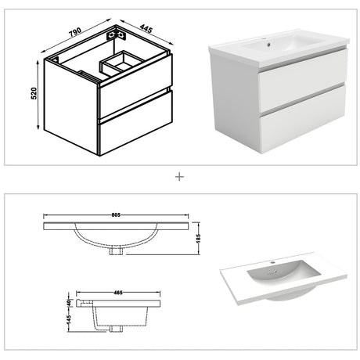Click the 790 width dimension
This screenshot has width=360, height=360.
(x=75, y=34)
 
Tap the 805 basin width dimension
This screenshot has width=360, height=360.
(x=117, y=212)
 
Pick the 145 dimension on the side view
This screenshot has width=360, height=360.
(x=70, y=322)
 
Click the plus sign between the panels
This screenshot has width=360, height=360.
(x=180, y=176)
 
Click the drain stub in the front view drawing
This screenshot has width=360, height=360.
(x=117, y=251)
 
